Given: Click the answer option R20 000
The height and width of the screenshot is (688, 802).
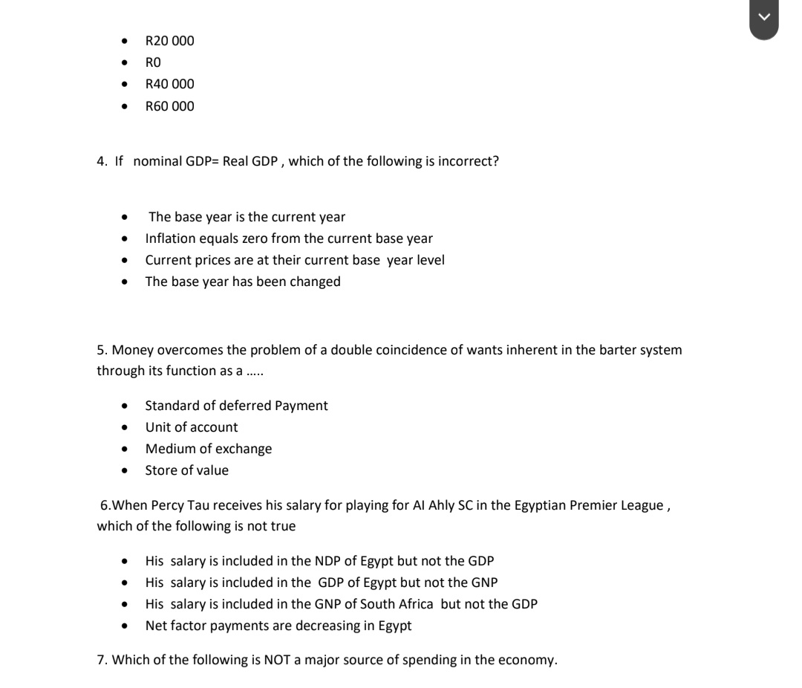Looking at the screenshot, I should (x=169, y=41).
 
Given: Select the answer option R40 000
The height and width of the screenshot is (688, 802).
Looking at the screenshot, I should (x=169, y=84).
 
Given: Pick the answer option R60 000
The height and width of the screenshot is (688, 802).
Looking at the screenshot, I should (x=169, y=106).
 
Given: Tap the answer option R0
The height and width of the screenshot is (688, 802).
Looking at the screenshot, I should (x=153, y=62).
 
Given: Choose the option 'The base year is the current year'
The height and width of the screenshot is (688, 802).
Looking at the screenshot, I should (x=247, y=217).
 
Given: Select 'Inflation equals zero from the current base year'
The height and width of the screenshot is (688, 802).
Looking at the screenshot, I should (x=289, y=238).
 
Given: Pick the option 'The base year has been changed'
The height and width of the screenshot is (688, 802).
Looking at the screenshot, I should (x=243, y=282).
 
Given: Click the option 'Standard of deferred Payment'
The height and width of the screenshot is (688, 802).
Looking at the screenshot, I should (x=236, y=406).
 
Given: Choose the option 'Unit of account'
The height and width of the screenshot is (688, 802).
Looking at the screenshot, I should (x=192, y=427).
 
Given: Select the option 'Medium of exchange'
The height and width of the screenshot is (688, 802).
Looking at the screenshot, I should (x=209, y=449).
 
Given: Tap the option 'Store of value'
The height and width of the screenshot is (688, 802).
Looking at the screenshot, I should (x=187, y=470).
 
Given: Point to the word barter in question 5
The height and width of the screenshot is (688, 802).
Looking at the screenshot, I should (x=606, y=350).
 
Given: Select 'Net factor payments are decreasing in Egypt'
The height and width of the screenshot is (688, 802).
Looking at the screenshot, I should (x=278, y=626).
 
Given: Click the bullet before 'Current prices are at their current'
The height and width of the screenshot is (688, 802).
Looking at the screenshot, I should (x=124, y=261).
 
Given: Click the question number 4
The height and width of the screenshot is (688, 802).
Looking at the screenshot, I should (x=102, y=161).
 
